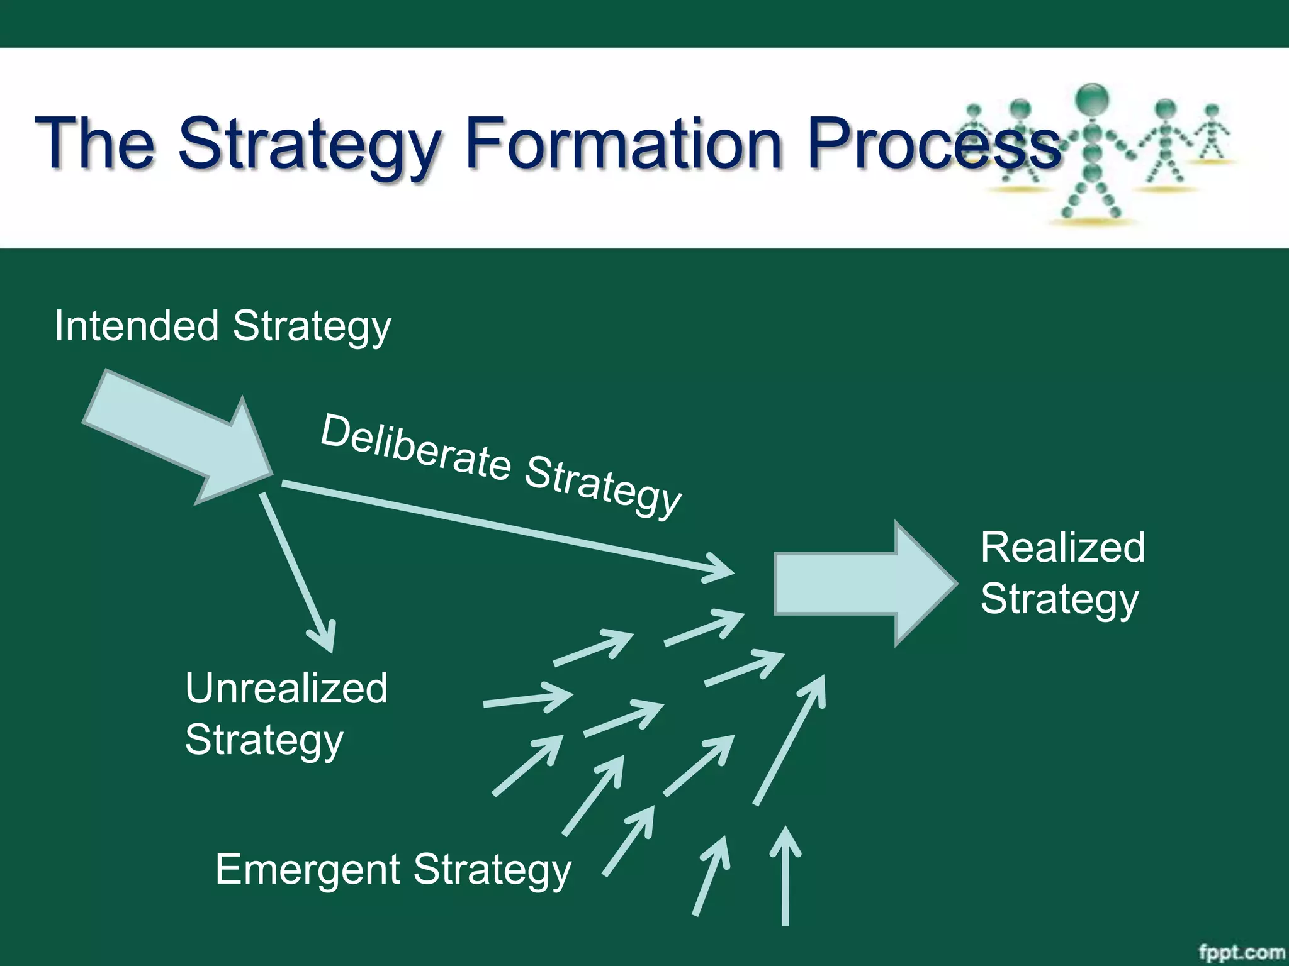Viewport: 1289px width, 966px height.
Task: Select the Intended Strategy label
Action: point(223,327)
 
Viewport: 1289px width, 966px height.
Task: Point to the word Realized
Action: point(1062,547)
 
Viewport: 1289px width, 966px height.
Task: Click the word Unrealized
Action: point(286,688)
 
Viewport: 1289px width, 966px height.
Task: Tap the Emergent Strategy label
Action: point(393,870)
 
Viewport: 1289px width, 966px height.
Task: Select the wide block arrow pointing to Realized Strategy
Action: point(862,584)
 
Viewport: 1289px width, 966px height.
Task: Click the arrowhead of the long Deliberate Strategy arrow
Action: point(724,569)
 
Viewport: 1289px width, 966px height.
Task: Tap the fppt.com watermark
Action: point(1241,952)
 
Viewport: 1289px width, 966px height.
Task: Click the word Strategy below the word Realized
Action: point(1059,599)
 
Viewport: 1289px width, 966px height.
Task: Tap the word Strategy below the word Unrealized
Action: point(264,740)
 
